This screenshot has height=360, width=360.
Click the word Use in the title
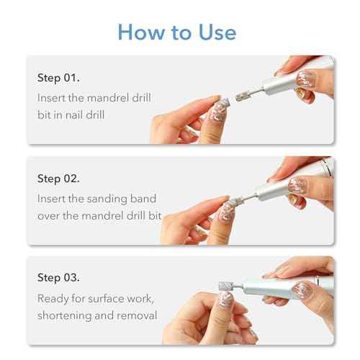click(x=217, y=32)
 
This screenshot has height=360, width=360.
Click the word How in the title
click(x=141, y=32)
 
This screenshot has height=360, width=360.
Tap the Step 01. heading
click(x=58, y=78)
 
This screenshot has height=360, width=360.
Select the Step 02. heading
click(x=58, y=179)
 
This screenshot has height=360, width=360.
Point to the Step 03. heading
click(x=58, y=278)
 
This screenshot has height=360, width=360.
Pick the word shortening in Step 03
click(x=65, y=315)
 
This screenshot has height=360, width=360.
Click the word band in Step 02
click(x=143, y=199)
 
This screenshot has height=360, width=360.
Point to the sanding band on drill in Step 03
click(x=226, y=287)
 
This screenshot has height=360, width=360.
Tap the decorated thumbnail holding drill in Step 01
click(x=305, y=79)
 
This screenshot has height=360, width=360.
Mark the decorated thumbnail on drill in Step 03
click(x=302, y=289)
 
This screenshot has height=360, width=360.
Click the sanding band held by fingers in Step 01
click(x=225, y=103)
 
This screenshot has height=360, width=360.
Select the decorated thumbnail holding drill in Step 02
click(x=297, y=185)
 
